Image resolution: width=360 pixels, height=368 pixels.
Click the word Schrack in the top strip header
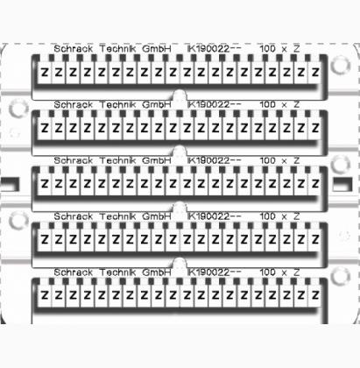pos(74,48)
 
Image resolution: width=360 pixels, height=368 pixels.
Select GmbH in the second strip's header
pos(157,104)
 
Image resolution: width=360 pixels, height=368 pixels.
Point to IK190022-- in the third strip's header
pos(214,160)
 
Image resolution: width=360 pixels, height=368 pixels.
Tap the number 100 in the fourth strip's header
pos(267,216)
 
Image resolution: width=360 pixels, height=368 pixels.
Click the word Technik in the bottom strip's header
pos(118,272)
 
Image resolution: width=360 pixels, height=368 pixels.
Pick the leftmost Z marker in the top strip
pos(45,72)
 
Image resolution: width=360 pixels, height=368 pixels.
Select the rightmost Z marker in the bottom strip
pos(315,295)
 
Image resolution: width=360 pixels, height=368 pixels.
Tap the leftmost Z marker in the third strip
pos(45,184)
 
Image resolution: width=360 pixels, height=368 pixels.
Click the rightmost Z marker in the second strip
pos(315,128)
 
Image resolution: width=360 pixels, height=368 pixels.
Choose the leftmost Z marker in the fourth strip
pos(45,240)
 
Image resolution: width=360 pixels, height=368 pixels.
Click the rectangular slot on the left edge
pos(11,185)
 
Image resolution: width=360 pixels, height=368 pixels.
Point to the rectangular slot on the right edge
pos(342,185)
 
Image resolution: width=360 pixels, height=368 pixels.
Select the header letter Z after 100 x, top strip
pos(296,48)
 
